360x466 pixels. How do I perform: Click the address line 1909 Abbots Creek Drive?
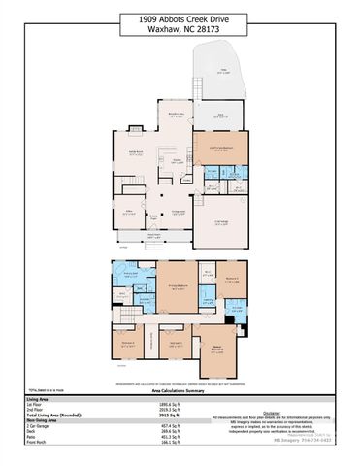tap(180, 19)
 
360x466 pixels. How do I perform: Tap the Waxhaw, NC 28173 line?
tap(180, 31)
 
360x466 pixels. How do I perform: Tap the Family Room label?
tap(136, 152)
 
